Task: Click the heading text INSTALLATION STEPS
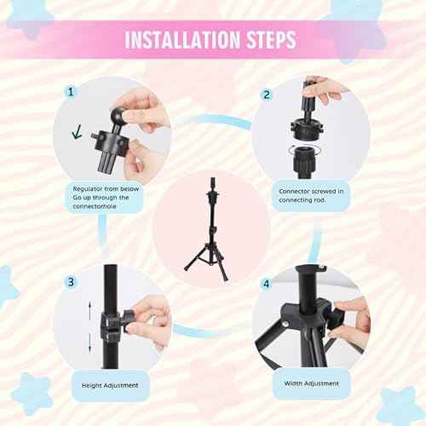212,39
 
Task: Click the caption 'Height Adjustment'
111,383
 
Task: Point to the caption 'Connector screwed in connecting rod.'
312,197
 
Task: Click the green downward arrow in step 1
78,132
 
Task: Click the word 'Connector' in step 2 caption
295,191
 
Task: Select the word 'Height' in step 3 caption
93,383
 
